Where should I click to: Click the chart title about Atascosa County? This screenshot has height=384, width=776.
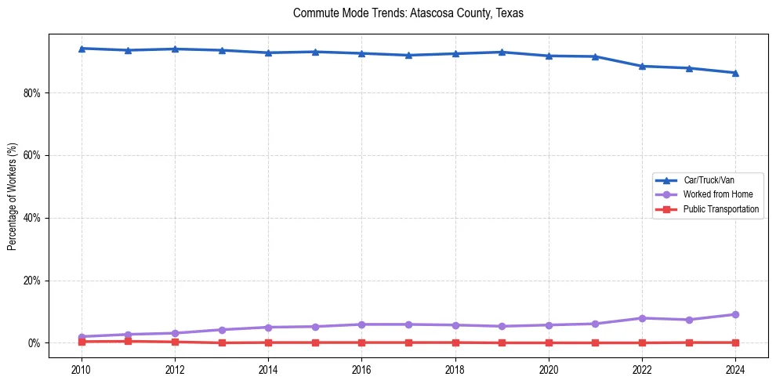[408, 13]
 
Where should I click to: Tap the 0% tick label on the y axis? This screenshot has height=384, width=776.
[34, 343]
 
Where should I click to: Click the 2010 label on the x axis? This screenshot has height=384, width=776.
[82, 368]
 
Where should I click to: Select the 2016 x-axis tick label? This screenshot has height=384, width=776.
[361, 368]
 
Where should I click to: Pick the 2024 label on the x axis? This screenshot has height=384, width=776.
[735, 368]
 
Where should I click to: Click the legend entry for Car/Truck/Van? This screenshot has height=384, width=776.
[709, 180]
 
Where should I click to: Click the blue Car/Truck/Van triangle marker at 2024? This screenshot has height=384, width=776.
[735, 73]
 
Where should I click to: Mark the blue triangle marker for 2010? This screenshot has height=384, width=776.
[82, 49]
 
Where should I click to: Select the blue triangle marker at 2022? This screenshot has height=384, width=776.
[642, 66]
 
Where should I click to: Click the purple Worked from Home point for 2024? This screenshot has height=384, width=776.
[735, 314]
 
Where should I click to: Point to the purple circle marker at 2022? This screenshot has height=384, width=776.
[642, 318]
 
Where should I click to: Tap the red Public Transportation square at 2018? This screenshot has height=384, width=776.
[455, 342]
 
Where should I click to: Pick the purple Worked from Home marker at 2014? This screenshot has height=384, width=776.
[268, 327]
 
